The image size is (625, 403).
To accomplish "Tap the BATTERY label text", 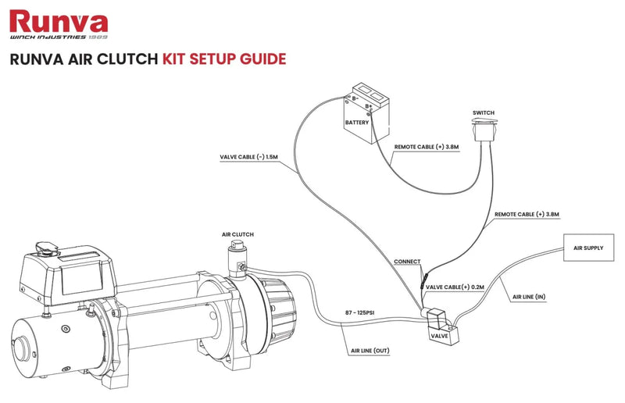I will tap(358, 123).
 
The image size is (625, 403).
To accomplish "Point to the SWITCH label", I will tap(483, 112).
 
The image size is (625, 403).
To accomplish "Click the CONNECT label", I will tap(407, 262).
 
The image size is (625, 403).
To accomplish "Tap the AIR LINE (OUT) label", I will tap(371, 351).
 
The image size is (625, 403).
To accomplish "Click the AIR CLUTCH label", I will tap(237, 234).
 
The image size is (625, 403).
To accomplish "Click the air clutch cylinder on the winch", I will tap(235, 255).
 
